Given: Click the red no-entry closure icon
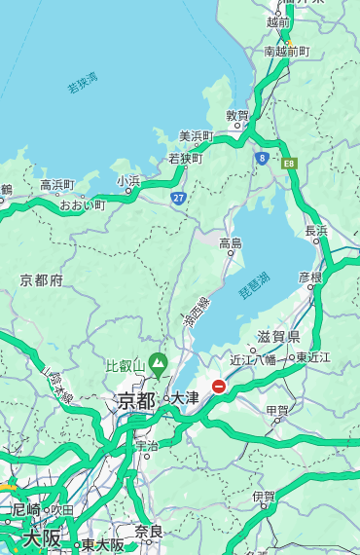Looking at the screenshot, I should pos(219,387).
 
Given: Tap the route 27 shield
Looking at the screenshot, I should pos(178,198).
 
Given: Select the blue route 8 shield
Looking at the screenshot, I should pos(262,157).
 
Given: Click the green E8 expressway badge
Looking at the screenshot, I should pos(289,163).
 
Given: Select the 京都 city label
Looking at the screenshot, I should pos(136,399).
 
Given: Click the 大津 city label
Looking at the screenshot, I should pos(185,397).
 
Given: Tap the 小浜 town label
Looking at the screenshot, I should pos(128,180).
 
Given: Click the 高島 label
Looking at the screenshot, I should pos(231,242).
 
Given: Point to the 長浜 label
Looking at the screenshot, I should pos(317,231).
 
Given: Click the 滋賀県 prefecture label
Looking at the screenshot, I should pos(278,336).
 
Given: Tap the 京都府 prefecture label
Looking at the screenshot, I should pos(42,280).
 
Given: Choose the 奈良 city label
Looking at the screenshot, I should pos(149,532).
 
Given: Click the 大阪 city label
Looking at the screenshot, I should pos(42,537).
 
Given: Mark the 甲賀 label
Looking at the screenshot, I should pos(277,411).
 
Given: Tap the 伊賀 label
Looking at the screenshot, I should pos(264,497).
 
